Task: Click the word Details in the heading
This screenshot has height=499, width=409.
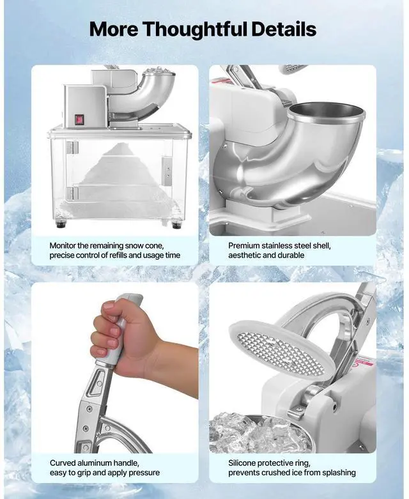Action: (284, 29)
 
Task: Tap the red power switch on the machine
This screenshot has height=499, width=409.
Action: (81, 118)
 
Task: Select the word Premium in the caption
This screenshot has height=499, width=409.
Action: (245, 245)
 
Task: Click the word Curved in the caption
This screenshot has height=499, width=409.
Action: (64, 463)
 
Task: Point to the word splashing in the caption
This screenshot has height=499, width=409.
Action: (337, 473)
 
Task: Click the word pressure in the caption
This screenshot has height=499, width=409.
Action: (143, 473)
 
